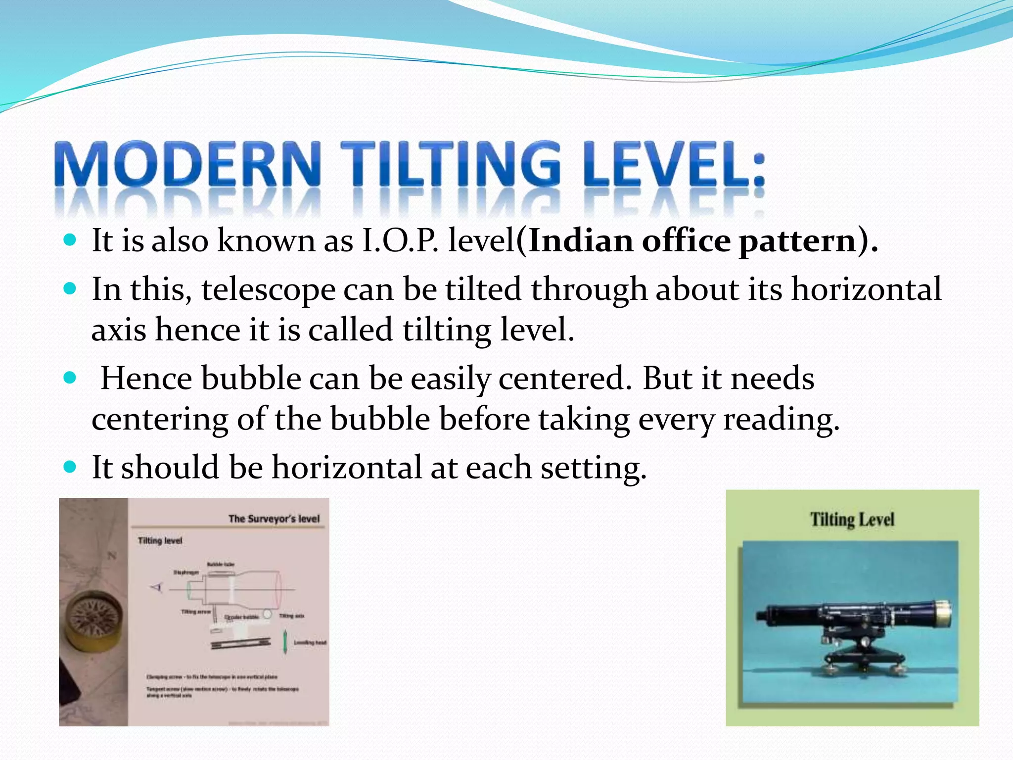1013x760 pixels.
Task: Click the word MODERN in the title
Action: point(188,165)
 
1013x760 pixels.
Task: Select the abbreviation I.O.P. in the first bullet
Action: point(400,241)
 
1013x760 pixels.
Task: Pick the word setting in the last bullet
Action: point(593,468)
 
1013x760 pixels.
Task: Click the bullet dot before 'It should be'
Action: point(70,467)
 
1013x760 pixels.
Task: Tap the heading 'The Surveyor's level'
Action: point(274,519)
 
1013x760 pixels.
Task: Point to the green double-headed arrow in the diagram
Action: point(285,642)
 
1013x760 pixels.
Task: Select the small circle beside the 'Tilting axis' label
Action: point(267,614)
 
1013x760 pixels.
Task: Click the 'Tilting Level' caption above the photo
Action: point(852,520)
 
